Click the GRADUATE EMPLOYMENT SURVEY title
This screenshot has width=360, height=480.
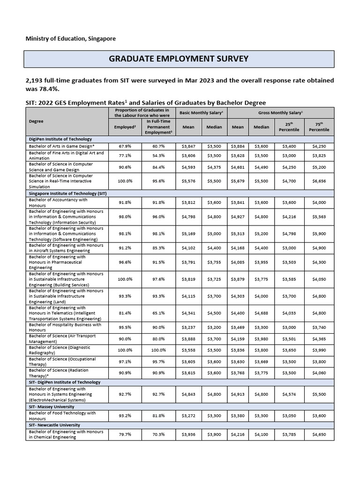click(x=179, y=59)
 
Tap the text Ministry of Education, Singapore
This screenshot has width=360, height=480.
click(x=70, y=38)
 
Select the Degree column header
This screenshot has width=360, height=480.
click(x=36, y=121)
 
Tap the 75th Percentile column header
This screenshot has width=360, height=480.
click(x=319, y=127)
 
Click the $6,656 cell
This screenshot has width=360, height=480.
click(x=319, y=181)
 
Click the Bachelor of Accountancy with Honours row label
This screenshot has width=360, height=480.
click(x=58, y=202)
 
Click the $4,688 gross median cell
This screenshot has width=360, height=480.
click(x=262, y=313)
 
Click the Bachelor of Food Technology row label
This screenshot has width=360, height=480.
click(x=62, y=415)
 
